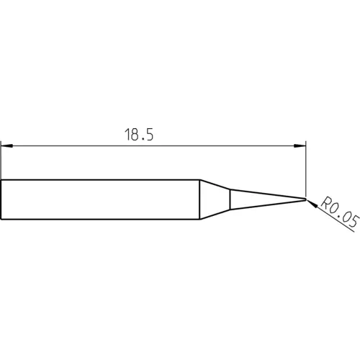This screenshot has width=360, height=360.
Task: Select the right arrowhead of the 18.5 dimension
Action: coord(300,147)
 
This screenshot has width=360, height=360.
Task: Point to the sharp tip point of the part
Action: coord(305,198)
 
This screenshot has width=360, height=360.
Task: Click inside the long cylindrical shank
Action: coord(101,199)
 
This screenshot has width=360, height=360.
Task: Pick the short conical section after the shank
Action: coord(215,199)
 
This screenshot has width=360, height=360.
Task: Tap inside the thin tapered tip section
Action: coord(259,199)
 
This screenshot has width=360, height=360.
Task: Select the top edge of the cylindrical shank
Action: coord(101,179)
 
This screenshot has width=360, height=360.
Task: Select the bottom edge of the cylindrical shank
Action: coord(101,220)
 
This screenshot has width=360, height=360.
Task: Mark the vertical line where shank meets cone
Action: coord(199,199)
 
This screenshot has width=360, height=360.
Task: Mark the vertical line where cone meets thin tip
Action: coord(230,199)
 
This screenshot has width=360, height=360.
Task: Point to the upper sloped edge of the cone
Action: coord(215,184)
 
